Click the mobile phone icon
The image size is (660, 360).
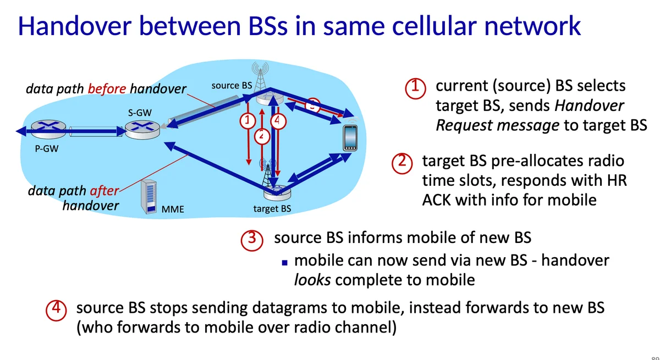tap(350, 138)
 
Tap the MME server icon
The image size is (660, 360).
tap(149, 197)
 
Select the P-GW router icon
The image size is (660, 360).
tap(48, 129)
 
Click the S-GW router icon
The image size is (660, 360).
tap(142, 130)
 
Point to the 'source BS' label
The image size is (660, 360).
tap(232, 85)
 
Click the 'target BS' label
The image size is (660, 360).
tap(272, 208)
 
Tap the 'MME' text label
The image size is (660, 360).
tap(173, 209)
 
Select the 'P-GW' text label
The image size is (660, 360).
tap(47, 148)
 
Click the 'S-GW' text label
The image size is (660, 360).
tap(140, 113)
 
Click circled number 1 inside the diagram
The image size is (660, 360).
tap(248, 121)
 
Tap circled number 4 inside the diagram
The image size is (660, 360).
tap(278, 121)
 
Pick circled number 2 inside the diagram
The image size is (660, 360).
tap(262, 136)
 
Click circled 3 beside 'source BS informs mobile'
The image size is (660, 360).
tap(252, 240)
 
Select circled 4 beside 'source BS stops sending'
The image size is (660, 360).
tap(56, 310)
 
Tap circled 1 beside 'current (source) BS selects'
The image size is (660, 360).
tap(415, 88)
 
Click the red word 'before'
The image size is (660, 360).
tap(107, 88)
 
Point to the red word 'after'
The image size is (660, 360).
tap(105, 191)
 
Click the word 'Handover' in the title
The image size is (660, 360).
tap(75, 26)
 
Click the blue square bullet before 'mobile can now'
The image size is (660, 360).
tap(285, 263)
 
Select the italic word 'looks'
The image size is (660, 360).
tap(312, 280)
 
